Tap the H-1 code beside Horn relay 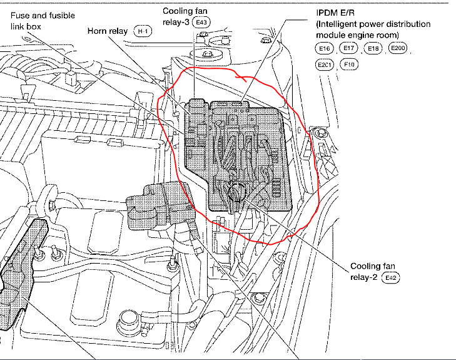(x=143, y=31)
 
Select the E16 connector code (x=324, y=48)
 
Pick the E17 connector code (x=348, y=48)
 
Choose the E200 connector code (x=398, y=48)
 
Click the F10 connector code (x=349, y=64)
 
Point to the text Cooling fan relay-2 (x=374, y=271)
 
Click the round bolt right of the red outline (x=321, y=133)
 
